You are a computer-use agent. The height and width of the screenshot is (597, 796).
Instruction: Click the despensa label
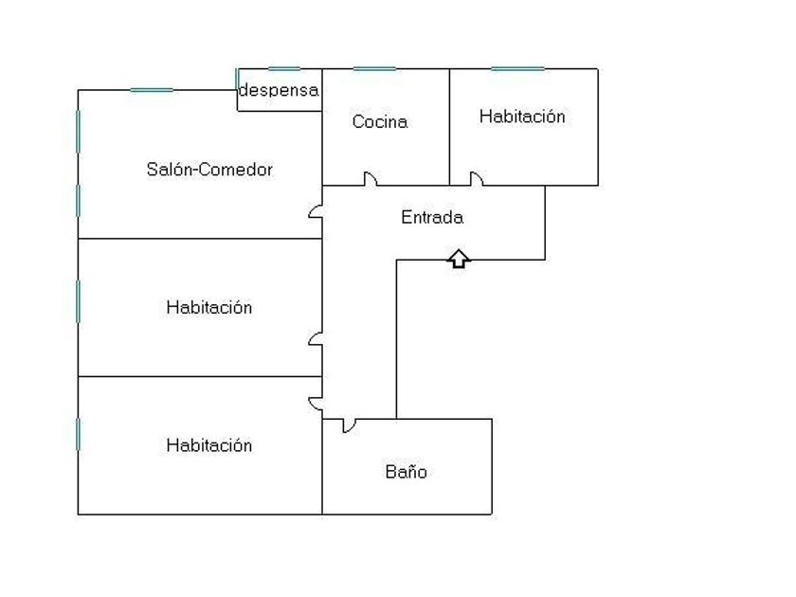point(279,90)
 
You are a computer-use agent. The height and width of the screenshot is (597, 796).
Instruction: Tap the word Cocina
point(380,121)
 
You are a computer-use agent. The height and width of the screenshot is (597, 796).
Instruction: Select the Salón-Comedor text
point(209,169)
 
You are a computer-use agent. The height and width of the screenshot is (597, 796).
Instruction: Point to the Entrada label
point(432,217)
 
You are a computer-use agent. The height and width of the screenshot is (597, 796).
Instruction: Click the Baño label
point(407,472)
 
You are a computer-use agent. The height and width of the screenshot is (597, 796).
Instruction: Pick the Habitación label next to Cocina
point(522,117)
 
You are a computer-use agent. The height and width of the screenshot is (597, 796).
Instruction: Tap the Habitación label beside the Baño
point(209,445)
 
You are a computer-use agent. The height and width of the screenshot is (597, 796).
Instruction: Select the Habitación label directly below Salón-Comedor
point(209,307)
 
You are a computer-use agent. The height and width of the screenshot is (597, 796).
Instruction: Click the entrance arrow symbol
point(459,259)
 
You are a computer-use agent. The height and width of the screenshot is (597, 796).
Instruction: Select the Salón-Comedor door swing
point(315,210)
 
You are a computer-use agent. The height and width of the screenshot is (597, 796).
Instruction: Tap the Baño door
point(350,426)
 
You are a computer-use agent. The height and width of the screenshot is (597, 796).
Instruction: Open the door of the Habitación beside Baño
point(315,405)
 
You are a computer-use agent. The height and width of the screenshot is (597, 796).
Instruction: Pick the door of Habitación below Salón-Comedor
point(315,339)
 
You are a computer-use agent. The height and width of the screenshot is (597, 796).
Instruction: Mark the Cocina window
point(374,68)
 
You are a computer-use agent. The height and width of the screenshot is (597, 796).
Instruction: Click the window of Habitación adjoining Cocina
point(517,68)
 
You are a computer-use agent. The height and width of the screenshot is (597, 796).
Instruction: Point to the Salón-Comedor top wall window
point(152,90)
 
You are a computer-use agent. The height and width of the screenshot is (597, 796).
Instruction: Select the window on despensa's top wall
point(284,68)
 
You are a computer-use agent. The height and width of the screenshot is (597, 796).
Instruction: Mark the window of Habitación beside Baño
point(78,434)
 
